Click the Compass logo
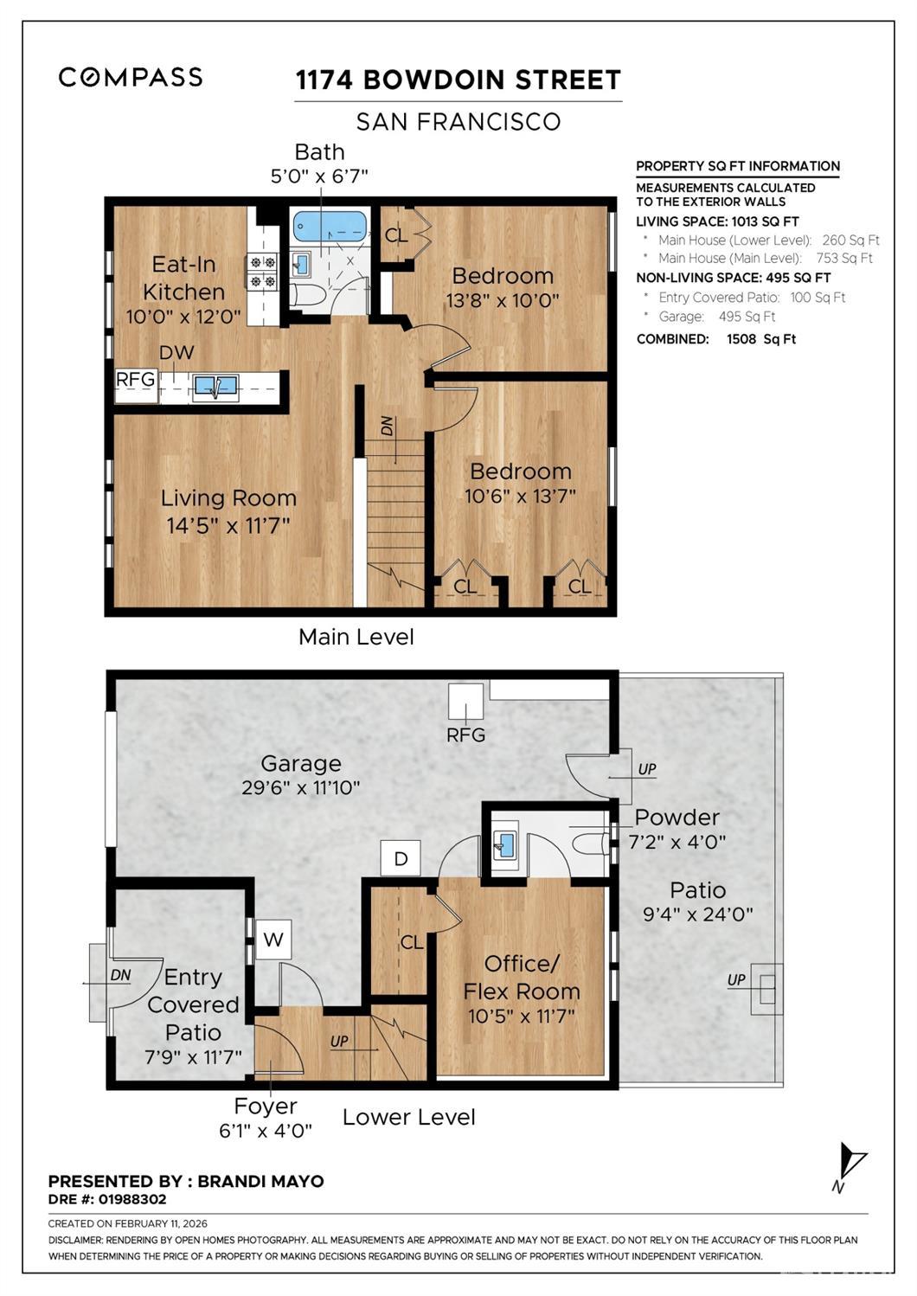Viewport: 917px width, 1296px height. pyautogui.click(x=130, y=77)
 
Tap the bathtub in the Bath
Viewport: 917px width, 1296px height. pyautogui.click(x=330, y=228)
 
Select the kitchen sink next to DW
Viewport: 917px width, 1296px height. pyautogui.click(x=215, y=387)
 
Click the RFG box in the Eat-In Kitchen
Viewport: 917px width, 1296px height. pyautogui.click(x=136, y=386)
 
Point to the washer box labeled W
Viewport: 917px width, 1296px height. pyautogui.click(x=273, y=939)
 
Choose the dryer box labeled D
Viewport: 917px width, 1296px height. pyautogui.click(x=401, y=859)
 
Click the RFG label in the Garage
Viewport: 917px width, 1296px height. pyautogui.click(x=465, y=735)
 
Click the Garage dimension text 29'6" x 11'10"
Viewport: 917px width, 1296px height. pyautogui.click(x=301, y=787)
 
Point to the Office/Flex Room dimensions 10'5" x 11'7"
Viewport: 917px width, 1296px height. pyautogui.click(x=522, y=1016)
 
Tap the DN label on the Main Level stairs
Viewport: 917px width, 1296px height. pyautogui.click(x=386, y=426)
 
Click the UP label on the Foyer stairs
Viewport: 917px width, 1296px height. pyautogui.click(x=339, y=1041)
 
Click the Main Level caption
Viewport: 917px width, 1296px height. pyautogui.click(x=356, y=637)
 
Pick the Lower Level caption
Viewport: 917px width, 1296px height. pyautogui.click(x=409, y=1117)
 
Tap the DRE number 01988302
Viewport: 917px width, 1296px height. pyautogui.click(x=132, y=1199)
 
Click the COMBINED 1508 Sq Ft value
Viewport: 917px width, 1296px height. pyautogui.click(x=761, y=339)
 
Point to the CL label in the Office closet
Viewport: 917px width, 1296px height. pyautogui.click(x=412, y=942)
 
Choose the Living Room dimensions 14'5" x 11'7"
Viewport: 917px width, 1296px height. pyautogui.click(x=228, y=525)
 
